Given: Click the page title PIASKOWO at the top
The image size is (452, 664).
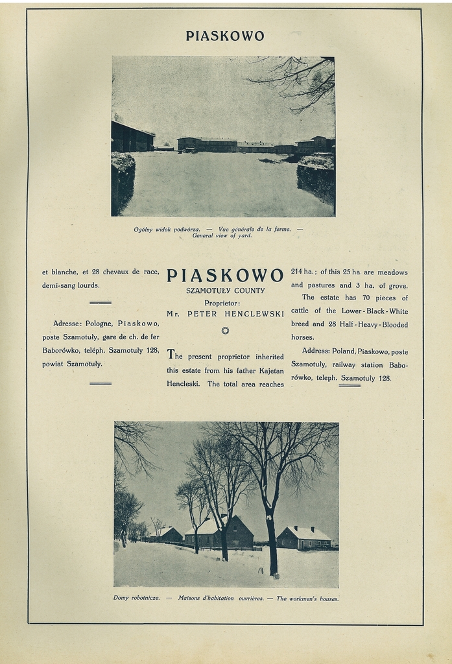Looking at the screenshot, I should [x=225, y=36].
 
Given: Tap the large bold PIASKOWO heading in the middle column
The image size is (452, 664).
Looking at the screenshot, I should [x=225, y=276].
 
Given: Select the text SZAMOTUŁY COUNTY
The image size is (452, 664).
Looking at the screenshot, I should [x=225, y=290].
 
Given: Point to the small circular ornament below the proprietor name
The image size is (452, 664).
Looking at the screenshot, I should [x=225, y=331].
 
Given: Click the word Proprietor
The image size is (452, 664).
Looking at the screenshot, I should [x=222, y=303].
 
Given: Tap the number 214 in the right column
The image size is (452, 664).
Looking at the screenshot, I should [x=298, y=272].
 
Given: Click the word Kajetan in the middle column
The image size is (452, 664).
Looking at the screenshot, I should [x=270, y=370].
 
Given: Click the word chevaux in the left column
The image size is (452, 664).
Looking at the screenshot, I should [x=120, y=272].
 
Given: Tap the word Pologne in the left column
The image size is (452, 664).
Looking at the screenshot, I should [x=99, y=323].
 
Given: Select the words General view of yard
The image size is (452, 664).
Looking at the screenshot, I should [x=222, y=235].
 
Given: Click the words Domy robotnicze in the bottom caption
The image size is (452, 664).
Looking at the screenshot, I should [x=136, y=598].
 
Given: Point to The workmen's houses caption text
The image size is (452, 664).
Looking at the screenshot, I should [x=307, y=599].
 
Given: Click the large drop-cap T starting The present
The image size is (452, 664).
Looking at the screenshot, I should [x=171, y=354].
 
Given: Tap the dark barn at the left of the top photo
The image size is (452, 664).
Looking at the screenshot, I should [x=132, y=137].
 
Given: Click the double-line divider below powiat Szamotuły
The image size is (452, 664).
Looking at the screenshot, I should [x=100, y=383].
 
